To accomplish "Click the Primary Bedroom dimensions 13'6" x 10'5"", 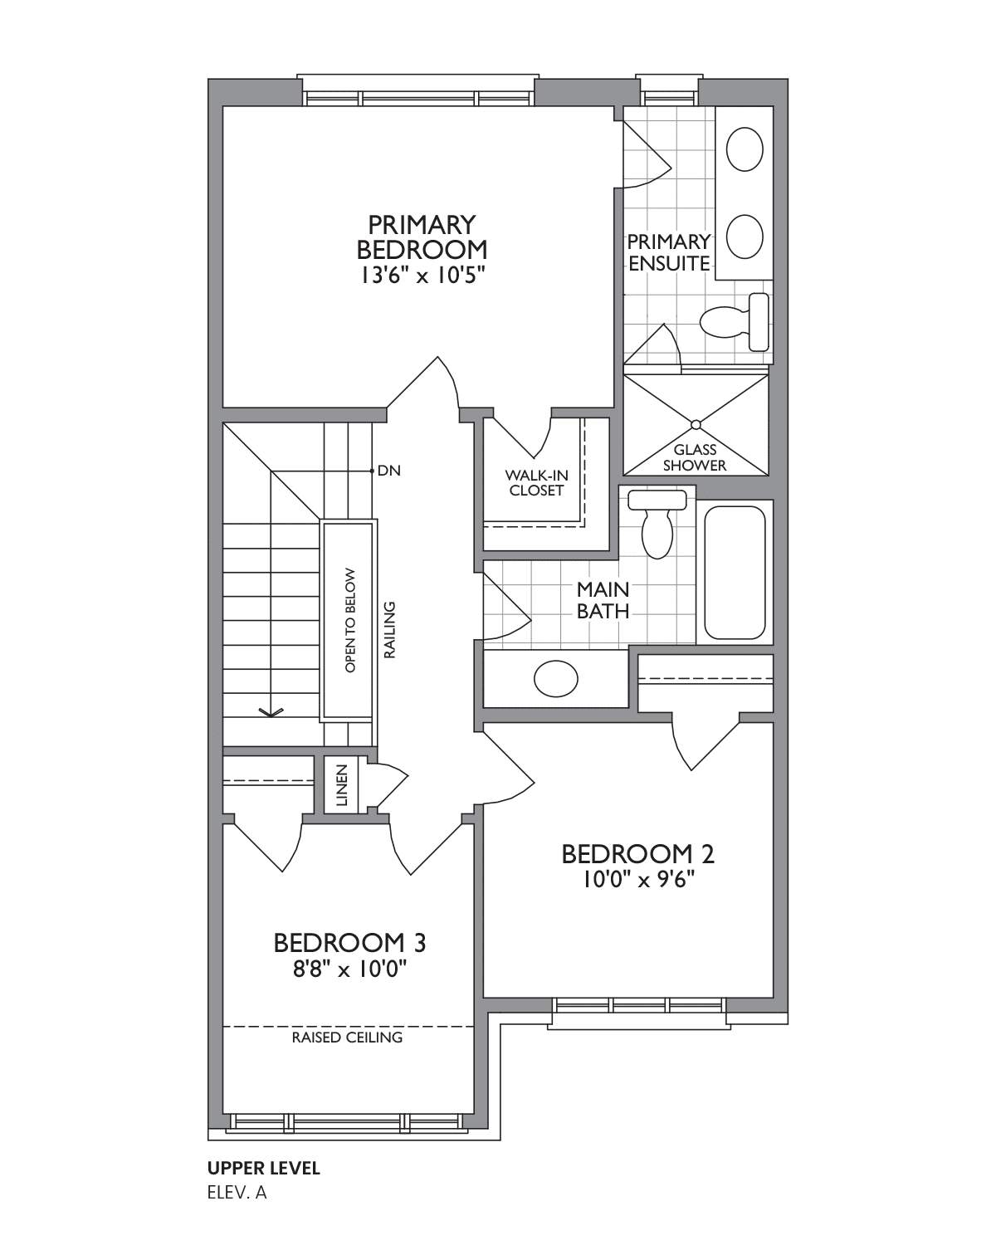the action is point(422,275).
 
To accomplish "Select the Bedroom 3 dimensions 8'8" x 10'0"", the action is point(349,969).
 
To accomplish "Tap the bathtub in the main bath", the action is point(735,573).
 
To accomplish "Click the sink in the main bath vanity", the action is point(555,678).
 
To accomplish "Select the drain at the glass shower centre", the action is point(696,425).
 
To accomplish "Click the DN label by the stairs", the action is point(389,471).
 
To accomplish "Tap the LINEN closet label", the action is point(342,785).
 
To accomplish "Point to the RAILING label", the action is point(390,630).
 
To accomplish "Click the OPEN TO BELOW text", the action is point(350,621).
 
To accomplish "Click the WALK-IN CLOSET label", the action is point(536,482).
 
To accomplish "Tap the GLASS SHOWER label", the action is point(695,457).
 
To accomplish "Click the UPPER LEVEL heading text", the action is point(263,1168).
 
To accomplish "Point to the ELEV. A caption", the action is point(237,1193).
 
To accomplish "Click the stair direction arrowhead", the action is point(271,712).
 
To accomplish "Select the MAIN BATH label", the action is point(603,600).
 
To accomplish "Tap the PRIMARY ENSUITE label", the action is point(669,252).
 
